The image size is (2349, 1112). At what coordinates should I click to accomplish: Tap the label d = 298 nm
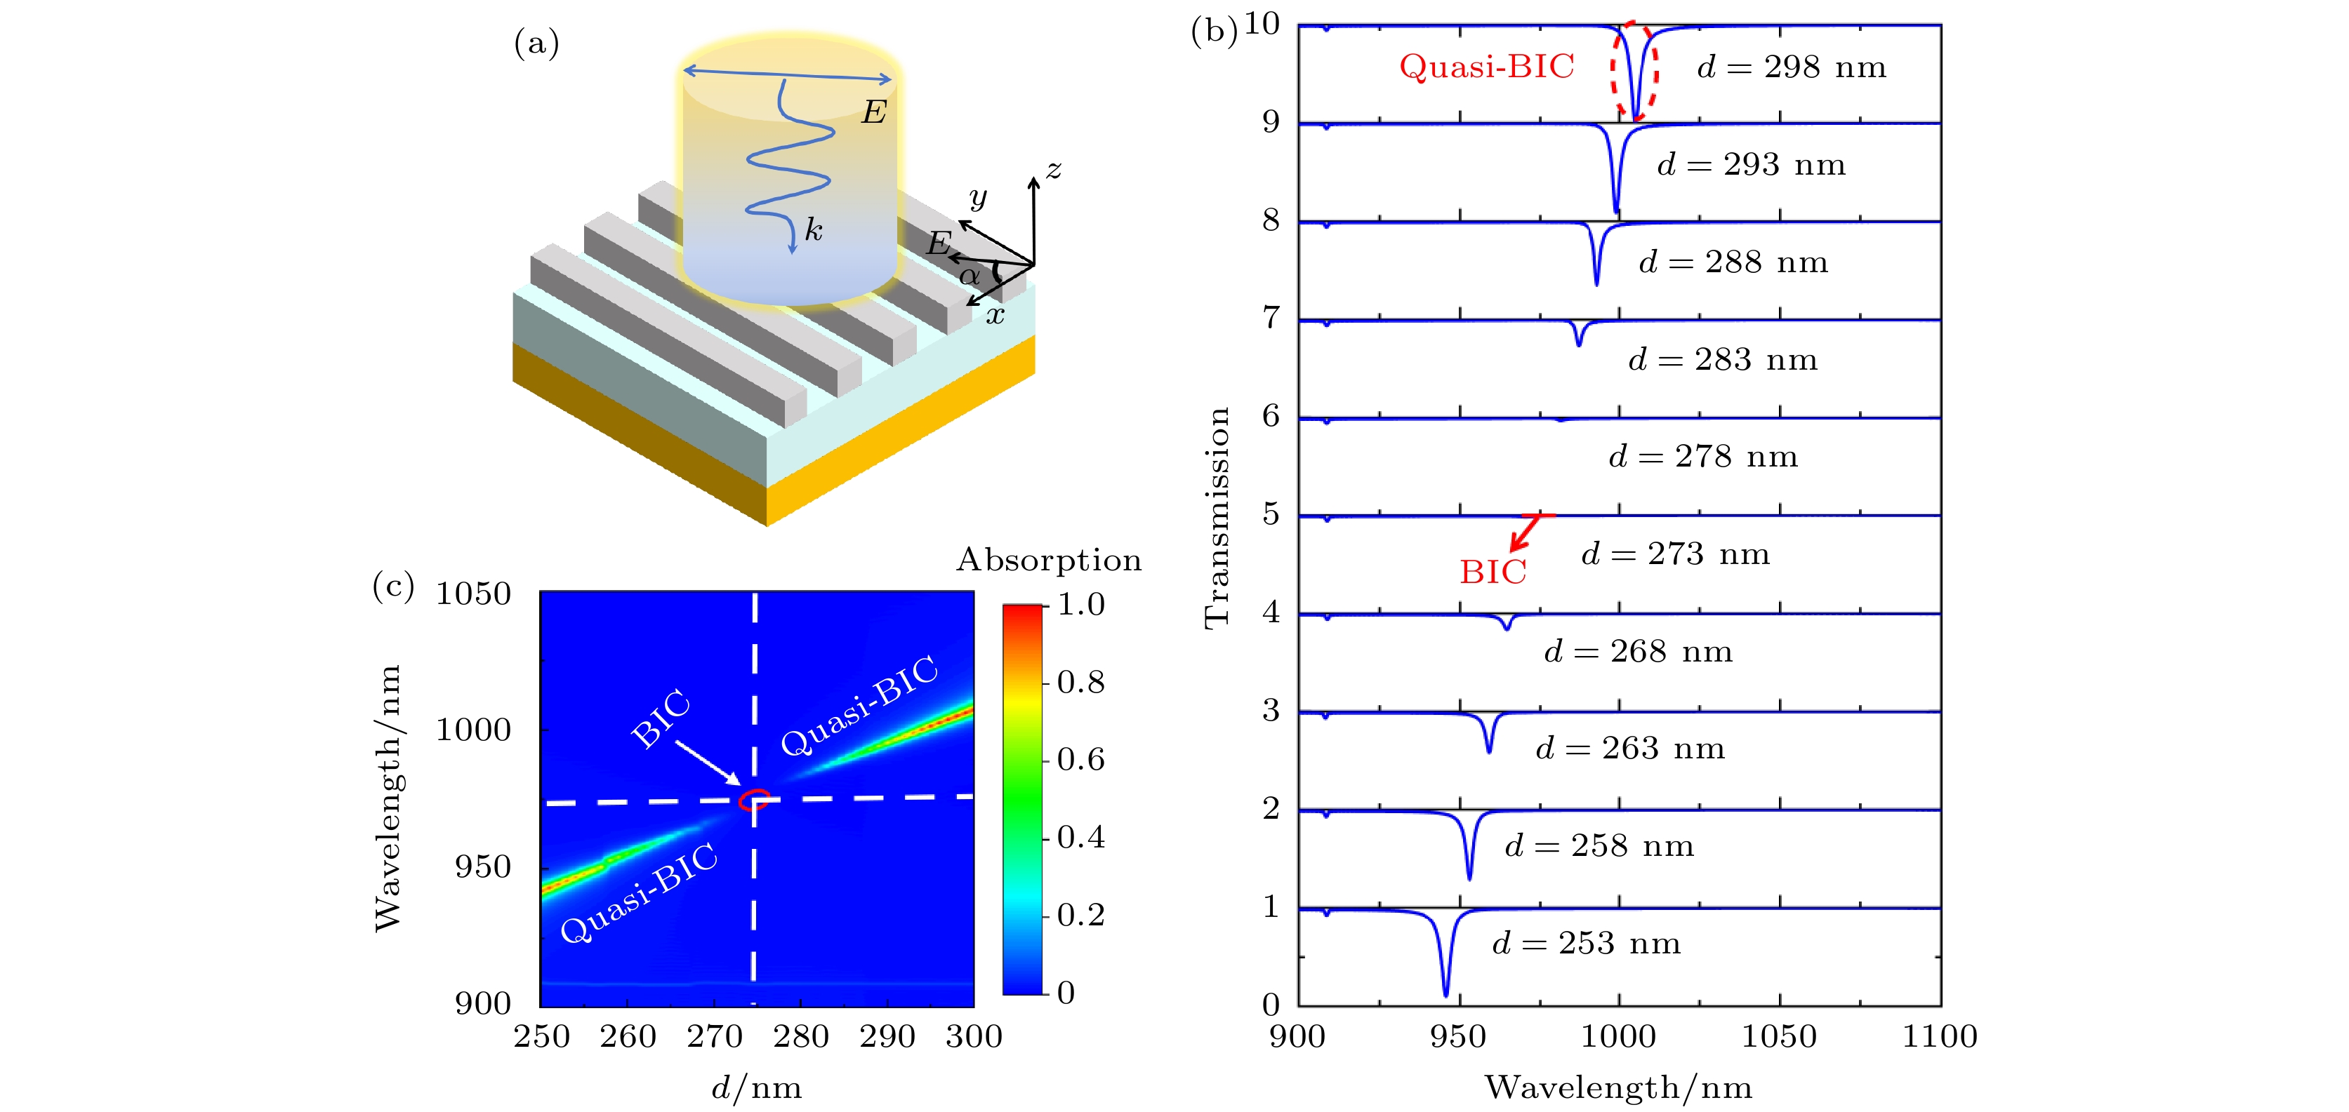[x=1791, y=67]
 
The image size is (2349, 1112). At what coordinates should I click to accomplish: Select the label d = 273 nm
[x=1675, y=554]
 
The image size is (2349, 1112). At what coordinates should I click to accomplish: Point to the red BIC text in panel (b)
[x=1493, y=572]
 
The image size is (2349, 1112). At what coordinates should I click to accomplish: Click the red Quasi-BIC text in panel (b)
[x=1486, y=67]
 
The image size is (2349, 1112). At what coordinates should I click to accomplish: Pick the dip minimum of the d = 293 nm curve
[x=1617, y=211]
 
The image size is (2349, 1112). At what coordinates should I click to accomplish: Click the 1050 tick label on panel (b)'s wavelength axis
[x=1779, y=1036]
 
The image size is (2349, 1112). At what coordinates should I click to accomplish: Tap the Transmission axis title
[x=1217, y=517]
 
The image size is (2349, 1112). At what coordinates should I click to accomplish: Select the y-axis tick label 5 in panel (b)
[x=1271, y=514]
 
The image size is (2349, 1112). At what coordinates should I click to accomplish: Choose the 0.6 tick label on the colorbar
[x=1080, y=759]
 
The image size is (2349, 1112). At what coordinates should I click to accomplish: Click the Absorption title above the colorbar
[x=1049, y=558]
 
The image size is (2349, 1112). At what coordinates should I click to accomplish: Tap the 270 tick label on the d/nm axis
[x=715, y=1036]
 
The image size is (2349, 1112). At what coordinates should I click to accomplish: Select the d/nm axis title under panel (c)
[x=756, y=1087]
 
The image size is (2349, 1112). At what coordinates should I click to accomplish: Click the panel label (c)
[x=393, y=584]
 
